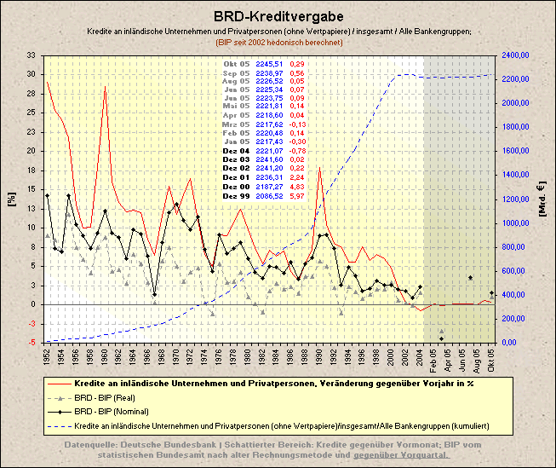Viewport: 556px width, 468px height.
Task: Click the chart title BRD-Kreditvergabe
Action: pyautogui.click(x=278, y=16)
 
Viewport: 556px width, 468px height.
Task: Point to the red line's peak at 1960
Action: pyautogui.click(x=105, y=88)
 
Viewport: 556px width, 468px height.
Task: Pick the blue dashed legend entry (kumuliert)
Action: pyautogui.click(x=281, y=425)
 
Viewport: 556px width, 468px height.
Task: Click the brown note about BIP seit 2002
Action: pyautogui.click(x=278, y=41)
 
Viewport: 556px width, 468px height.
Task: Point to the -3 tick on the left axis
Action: pyautogui.click(x=32, y=323)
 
